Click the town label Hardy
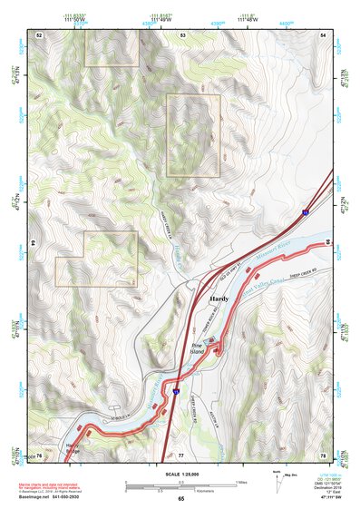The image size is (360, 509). [219, 298]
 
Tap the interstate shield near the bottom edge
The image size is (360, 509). [176, 390]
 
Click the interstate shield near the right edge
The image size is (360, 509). [306, 210]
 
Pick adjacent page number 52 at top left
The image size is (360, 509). [39, 34]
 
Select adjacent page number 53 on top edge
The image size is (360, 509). [182, 34]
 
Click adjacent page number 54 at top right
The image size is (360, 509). [324, 34]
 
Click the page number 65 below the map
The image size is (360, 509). [180, 499]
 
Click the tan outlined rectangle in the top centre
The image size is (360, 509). [193, 135]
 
